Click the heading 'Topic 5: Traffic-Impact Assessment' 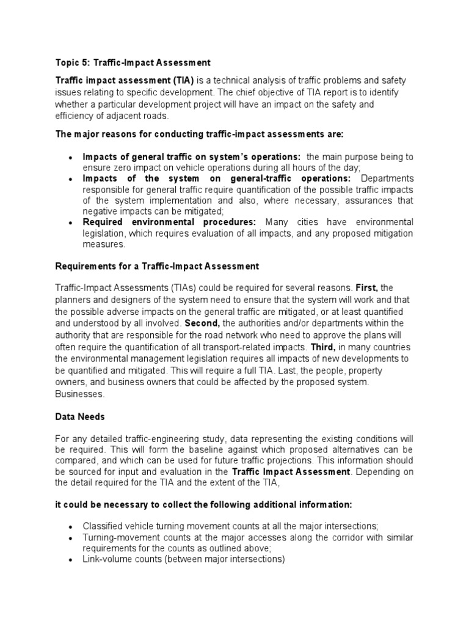[133, 62]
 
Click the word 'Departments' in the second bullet [387, 179]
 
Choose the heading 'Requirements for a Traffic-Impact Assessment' [158, 266]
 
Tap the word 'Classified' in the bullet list [102, 526]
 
